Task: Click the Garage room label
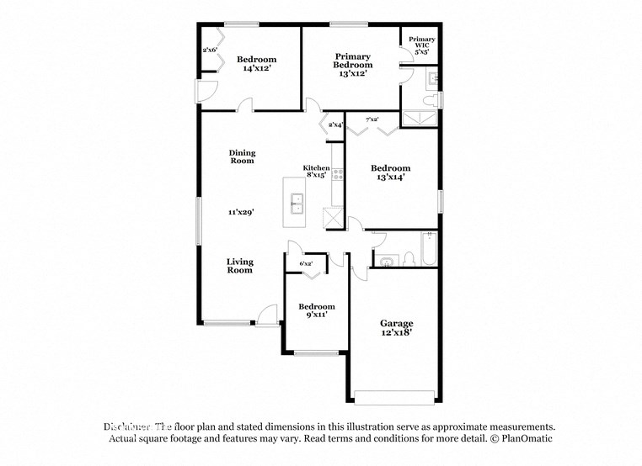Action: pos(396,323)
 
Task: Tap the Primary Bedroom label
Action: pos(352,61)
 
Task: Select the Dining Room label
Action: pos(242,156)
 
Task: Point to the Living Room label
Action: pos(239,266)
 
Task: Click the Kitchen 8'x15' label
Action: pos(316,172)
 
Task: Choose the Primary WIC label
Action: pos(422,43)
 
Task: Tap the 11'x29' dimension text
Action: pos(241,212)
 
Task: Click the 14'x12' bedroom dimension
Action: pos(256,69)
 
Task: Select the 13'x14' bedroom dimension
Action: pos(390,177)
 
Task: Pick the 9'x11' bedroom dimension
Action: pos(316,315)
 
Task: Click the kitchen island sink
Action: pos(297,202)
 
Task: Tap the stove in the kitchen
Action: pos(339,175)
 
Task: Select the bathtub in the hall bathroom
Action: pos(428,249)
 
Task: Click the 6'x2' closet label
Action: pos(307,264)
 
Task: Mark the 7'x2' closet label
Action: pos(371,119)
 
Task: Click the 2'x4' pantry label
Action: pos(335,125)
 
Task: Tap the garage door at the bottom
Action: pos(394,397)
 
